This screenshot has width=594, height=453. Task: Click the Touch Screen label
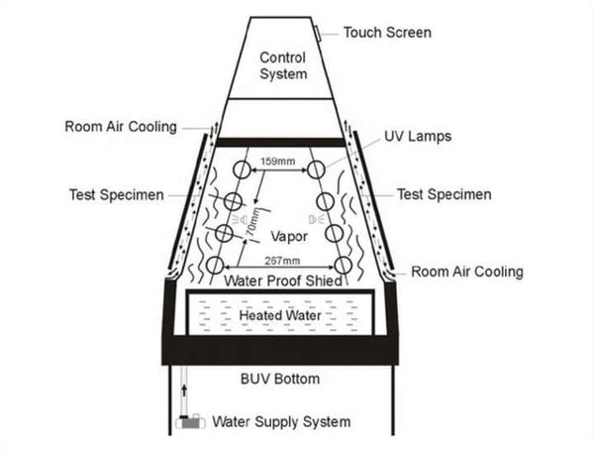pyautogui.click(x=387, y=32)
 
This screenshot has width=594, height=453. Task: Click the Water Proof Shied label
pyautogui.click(x=283, y=282)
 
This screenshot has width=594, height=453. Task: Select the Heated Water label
pyautogui.click(x=281, y=315)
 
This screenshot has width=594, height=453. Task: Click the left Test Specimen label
pyautogui.click(x=118, y=194)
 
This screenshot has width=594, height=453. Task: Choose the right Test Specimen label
pyautogui.click(x=444, y=194)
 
